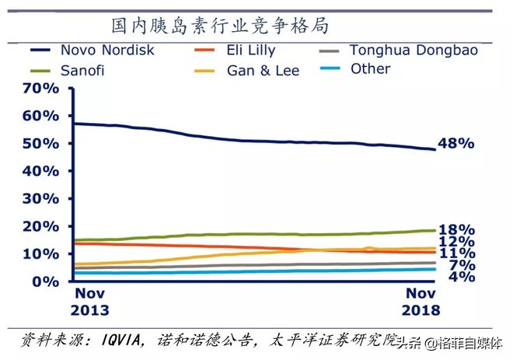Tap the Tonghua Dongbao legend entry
[413, 51]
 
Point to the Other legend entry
[370, 69]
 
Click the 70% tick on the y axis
[40, 89]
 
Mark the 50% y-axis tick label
[40, 144]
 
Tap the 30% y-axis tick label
[40, 199]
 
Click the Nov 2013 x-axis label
[90, 302]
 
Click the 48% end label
[456, 144]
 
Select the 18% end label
[456, 230]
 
